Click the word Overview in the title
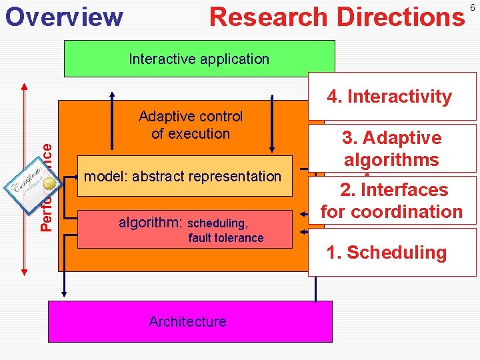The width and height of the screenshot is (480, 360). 64,17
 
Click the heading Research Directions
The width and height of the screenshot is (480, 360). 337,17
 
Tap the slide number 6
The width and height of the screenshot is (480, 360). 472,7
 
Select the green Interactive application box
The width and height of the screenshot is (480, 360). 199,59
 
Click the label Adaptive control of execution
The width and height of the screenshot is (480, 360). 191,125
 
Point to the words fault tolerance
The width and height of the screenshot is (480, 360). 225,238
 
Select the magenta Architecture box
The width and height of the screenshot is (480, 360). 187,321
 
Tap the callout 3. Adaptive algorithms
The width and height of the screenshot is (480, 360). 392,149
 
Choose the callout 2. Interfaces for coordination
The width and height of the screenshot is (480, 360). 392,201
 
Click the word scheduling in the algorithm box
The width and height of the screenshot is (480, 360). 218,223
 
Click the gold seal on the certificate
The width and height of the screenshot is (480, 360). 49,185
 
